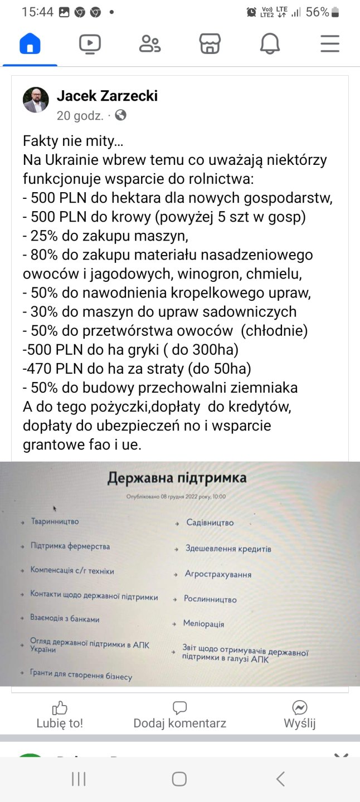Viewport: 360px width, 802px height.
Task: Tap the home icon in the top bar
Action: pos(30,43)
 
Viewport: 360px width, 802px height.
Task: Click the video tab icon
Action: pos(90,43)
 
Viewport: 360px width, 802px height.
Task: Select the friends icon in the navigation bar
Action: pos(149,43)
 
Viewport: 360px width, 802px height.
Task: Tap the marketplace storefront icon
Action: pos(210,43)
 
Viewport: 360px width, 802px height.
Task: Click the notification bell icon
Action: pos(270,43)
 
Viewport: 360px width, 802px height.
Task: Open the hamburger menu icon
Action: pos(330,43)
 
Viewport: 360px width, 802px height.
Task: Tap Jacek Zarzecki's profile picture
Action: pos(36,100)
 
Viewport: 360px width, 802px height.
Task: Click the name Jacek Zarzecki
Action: pos(107,96)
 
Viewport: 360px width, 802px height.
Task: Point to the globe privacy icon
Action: pos(120,115)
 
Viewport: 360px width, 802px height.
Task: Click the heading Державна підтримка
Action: pos(177,478)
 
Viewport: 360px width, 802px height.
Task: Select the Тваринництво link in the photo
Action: pos(55,522)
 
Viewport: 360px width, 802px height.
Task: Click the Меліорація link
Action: pos(203,624)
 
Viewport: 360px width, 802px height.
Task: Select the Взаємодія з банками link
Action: pos(65,618)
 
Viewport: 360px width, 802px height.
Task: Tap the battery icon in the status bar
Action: pos(335,12)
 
